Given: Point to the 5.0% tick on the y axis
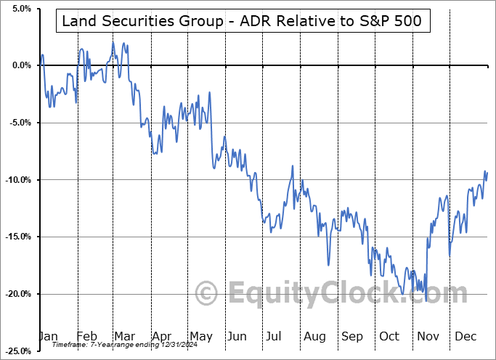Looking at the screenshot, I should click(18, 9).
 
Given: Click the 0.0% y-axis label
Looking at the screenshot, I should click(18, 65).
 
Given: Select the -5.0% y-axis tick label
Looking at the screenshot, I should click(17, 123).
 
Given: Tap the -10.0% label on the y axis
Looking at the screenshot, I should click(16, 180).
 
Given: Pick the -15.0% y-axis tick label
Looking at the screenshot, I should click(16, 237).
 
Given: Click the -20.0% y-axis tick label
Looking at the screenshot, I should click(16, 294).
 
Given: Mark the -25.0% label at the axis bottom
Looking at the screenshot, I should click(16, 351).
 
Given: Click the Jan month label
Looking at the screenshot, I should click(49, 336).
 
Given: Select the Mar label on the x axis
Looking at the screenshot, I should click(123, 336).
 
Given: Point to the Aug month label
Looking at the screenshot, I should click(314, 336).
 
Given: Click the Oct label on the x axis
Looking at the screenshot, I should click(390, 336).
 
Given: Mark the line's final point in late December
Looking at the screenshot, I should click(487, 172).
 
